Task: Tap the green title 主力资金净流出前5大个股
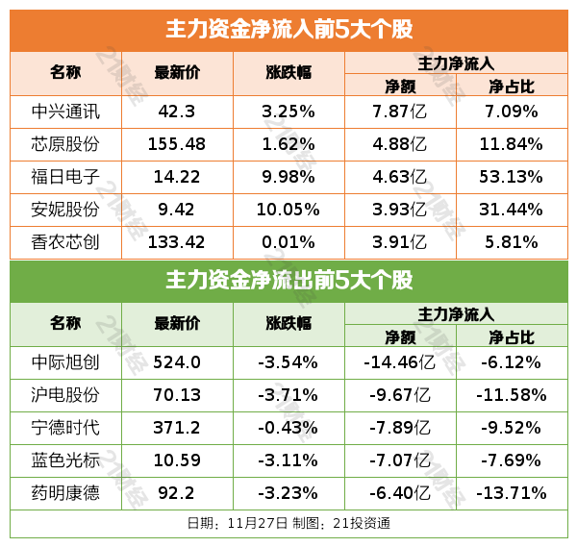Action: pos(288,281)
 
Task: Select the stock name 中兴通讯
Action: pos(65,111)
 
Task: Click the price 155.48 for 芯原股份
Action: pos(177,143)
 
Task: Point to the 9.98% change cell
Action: pos(288,176)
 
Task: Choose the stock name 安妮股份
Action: pos(65,209)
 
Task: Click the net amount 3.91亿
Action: pos(399,241)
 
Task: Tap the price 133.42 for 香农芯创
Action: pos(177,241)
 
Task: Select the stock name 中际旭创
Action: pos(65,362)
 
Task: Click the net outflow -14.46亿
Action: pos(399,362)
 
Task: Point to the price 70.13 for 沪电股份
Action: pos(177,395)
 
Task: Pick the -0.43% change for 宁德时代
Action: pos(288,428)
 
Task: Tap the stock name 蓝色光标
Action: pos(65,460)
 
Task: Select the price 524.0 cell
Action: pos(177,362)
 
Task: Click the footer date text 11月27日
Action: pos(259,524)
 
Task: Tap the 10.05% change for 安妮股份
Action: pos(288,209)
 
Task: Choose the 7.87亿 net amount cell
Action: pos(399,111)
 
